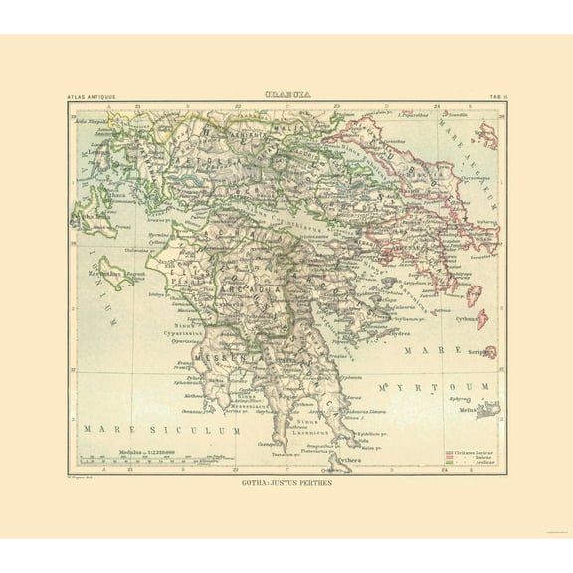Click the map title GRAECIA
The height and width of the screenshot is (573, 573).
click(x=286, y=95)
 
